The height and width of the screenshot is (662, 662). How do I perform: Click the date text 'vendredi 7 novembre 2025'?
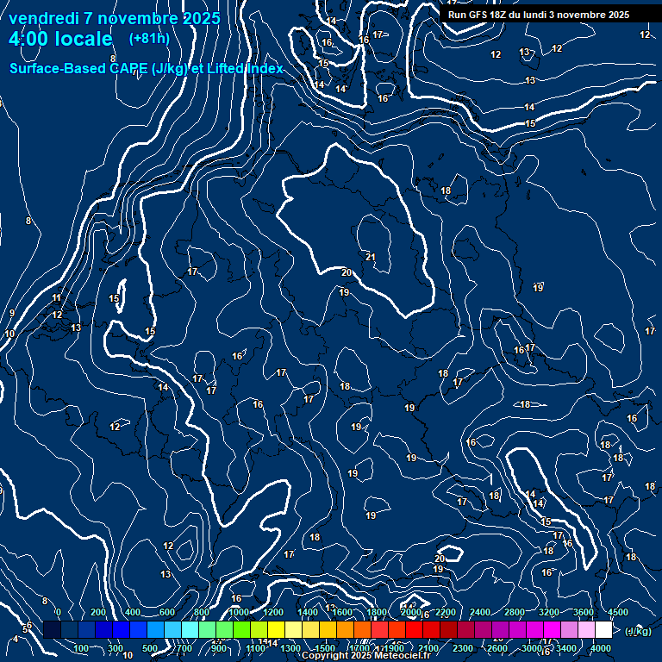tap(114, 18)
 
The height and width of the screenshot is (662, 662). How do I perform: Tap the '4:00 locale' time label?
tap(60, 39)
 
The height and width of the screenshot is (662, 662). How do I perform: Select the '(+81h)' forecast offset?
tap(149, 39)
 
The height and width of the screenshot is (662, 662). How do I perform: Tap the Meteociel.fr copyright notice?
tap(366, 656)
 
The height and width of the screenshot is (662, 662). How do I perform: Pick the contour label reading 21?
tap(371, 257)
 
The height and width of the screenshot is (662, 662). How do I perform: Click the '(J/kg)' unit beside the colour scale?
tap(638, 632)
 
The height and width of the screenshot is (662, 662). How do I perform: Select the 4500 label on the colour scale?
tap(618, 612)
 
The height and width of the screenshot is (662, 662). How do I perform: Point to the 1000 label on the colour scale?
tap(239, 612)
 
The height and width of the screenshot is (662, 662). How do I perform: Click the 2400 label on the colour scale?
tap(480, 612)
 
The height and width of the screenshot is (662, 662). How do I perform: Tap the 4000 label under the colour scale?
tap(601, 648)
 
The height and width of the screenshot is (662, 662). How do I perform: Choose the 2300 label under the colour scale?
tap(463, 648)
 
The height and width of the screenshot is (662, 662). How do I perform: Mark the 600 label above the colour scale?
tap(167, 612)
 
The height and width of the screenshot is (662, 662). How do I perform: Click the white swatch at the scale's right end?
tap(603, 630)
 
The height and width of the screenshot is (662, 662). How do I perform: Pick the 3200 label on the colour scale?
tap(549, 612)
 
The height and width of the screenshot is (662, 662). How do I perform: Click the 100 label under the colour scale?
tap(81, 648)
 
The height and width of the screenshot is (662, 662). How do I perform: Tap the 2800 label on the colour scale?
tap(515, 612)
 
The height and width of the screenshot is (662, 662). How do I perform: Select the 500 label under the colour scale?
tap(150, 648)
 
